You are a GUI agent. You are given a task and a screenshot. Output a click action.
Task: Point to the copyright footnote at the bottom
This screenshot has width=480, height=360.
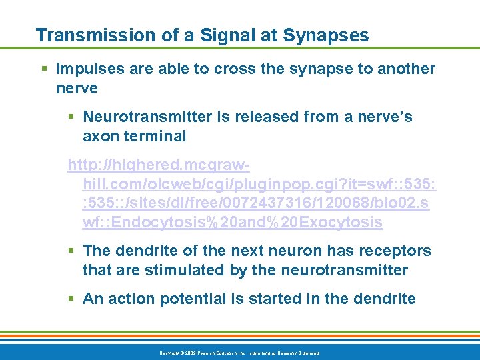click(x=239, y=352)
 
